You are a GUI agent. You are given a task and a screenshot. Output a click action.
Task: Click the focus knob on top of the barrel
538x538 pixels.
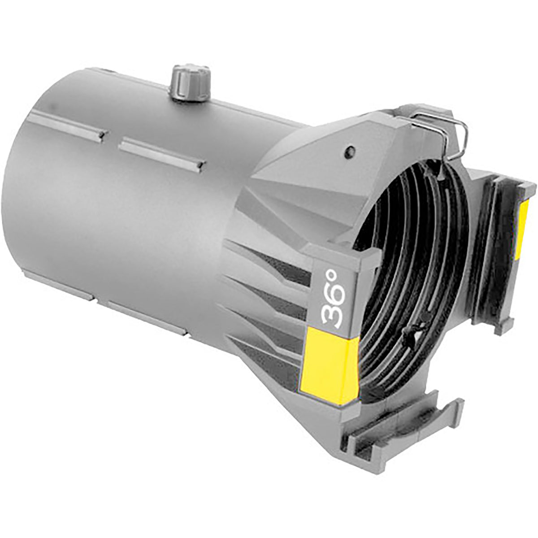click(190, 83)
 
